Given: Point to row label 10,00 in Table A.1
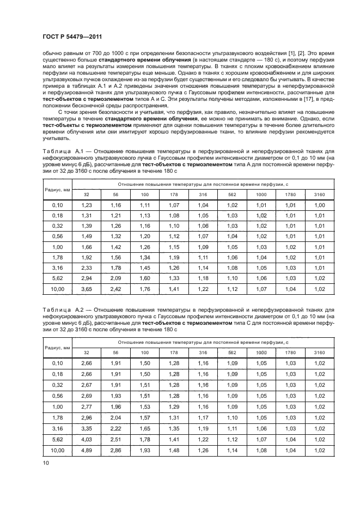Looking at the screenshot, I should (x=57, y=288).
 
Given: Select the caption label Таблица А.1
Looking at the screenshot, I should (x=59, y=150).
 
